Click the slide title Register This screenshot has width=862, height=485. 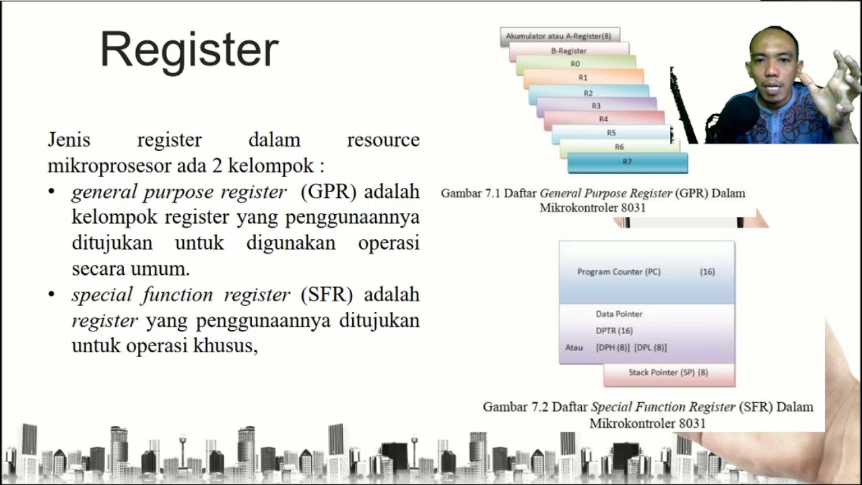[x=189, y=51]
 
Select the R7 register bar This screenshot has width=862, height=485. [x=627, y=162]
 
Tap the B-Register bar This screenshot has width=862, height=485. [x=569, y=51]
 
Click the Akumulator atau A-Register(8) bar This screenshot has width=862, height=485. [x=560, y=36]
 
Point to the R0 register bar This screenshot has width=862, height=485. [x=575, y=64]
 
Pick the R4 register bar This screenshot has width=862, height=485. [x=603, y=119]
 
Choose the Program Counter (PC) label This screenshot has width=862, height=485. [x=619, y=272]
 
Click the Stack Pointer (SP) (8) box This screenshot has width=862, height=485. [x=668, y=373]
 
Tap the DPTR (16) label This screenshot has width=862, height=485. [x=614, y=331]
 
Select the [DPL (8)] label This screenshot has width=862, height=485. [x=651, y=348]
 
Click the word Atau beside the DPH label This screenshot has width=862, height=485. [x=574, y=348]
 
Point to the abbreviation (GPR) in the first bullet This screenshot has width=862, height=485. [x=329, y=192]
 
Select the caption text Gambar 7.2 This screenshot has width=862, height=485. [x=512, y=407]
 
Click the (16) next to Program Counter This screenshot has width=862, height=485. [x=707, y=272]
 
